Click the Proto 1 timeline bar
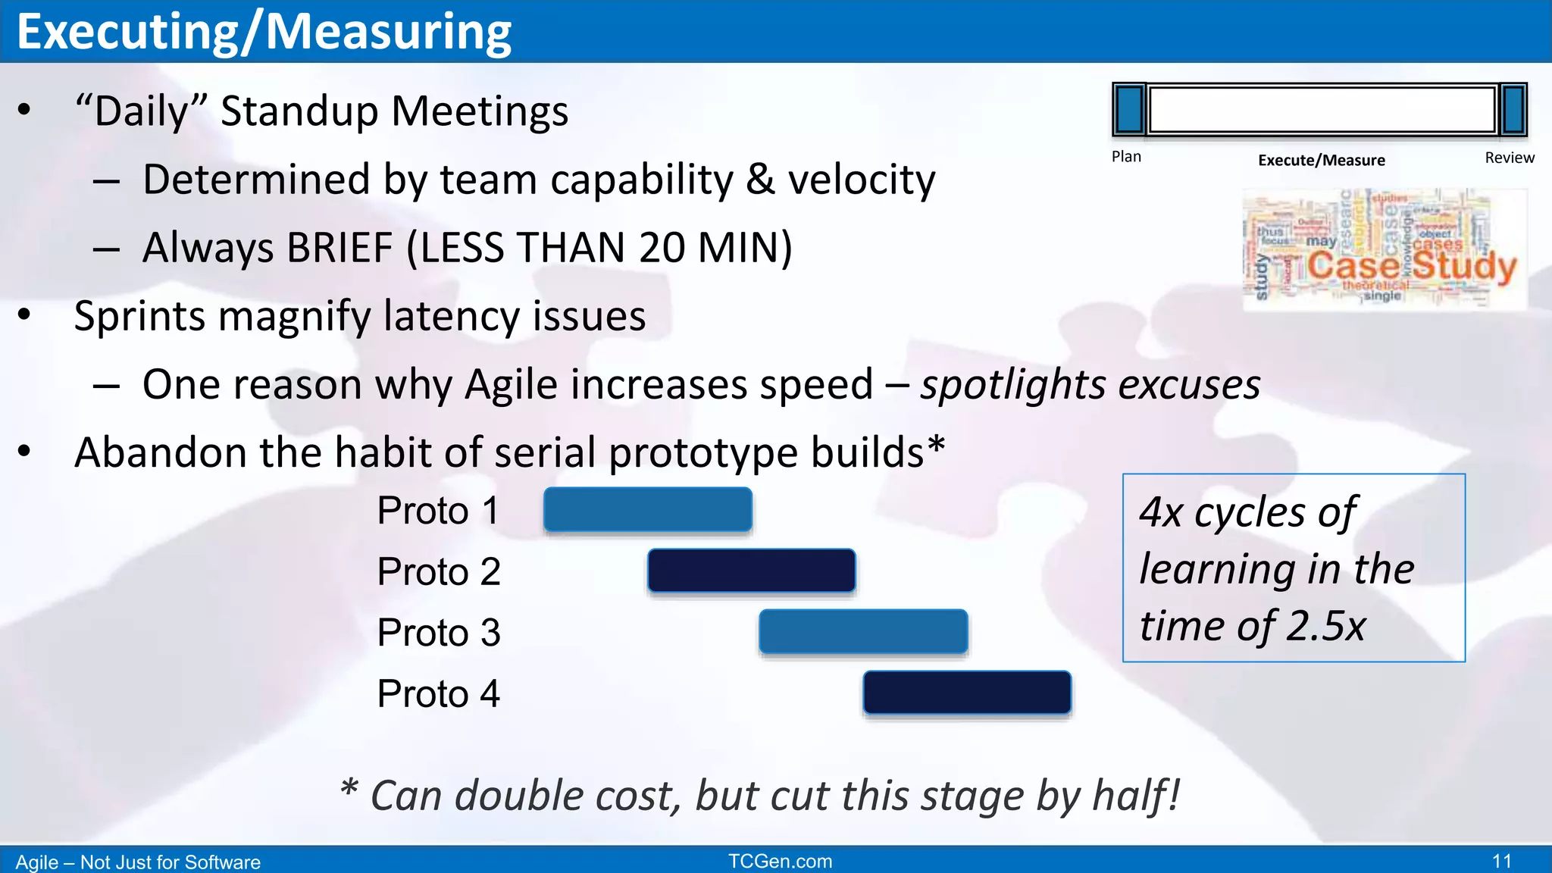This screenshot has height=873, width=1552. (648, 509)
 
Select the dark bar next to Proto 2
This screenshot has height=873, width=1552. (751, 571)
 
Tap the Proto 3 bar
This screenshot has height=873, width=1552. (863, 631)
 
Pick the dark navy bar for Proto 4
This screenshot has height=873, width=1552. (967, 693)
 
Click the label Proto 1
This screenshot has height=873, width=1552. (438, 510)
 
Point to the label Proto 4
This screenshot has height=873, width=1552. (438, 693)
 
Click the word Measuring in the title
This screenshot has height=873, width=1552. (388, 32)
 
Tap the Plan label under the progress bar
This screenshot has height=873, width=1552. (1126, 157)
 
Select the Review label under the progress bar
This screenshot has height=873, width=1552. (1509, 158)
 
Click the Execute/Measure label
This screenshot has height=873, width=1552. (1321, 160)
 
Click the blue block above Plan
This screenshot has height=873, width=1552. (1129, 110)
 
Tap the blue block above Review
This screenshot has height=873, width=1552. (1513, 110)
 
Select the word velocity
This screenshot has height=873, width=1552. (862, 180)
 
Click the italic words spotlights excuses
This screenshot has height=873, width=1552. (1090, 384)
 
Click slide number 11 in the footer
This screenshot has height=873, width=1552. (1501, 861)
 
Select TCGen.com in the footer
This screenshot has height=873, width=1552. (780, 861)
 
